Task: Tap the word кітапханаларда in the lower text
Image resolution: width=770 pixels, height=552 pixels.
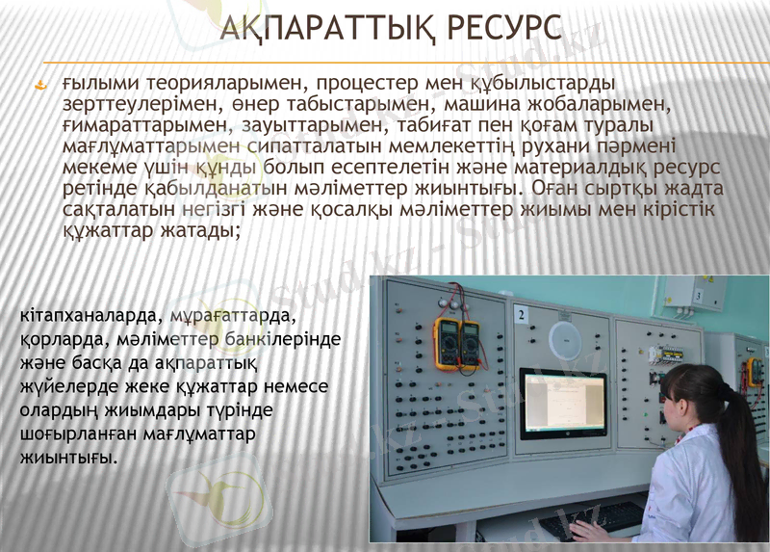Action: click(x=90, y=315)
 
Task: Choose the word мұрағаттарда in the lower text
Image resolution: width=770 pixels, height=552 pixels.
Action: click(x=231, y=315)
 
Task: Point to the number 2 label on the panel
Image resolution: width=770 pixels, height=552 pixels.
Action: click(x=521, y=314)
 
